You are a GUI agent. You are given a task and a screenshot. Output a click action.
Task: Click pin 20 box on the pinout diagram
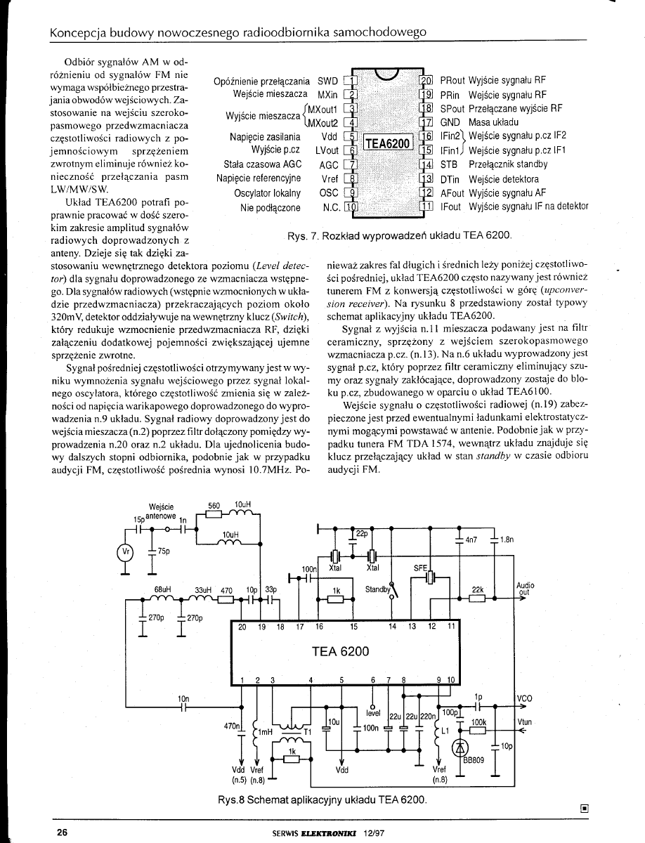tap(426, 79)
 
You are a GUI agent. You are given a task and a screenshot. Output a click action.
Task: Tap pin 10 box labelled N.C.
tap(353, 207)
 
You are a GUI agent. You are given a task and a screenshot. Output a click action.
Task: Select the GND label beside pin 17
tap(450, 122)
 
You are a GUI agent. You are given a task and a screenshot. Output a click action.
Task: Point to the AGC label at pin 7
tap(329, 164)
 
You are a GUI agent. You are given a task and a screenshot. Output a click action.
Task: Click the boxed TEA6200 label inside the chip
tap(387, 143)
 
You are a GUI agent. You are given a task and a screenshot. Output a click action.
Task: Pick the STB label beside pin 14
tap(449, 164)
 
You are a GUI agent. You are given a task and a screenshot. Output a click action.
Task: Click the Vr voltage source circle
tap(126, 551)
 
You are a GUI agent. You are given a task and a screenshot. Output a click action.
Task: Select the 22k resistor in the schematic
tap(478, 600)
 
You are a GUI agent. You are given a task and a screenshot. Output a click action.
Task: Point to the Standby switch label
tap(377, 589)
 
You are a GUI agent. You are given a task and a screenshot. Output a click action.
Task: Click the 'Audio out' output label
tap(525, 588)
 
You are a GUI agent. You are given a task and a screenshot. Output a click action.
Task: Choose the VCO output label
tap(525, 698)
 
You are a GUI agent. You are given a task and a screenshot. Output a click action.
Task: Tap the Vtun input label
tap(525, 721)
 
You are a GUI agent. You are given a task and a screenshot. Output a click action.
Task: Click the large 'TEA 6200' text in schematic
tap(340, 651)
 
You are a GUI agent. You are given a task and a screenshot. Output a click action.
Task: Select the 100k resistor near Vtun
tap(478, 728)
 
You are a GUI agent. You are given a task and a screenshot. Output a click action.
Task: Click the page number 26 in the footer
tap(62, 832)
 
